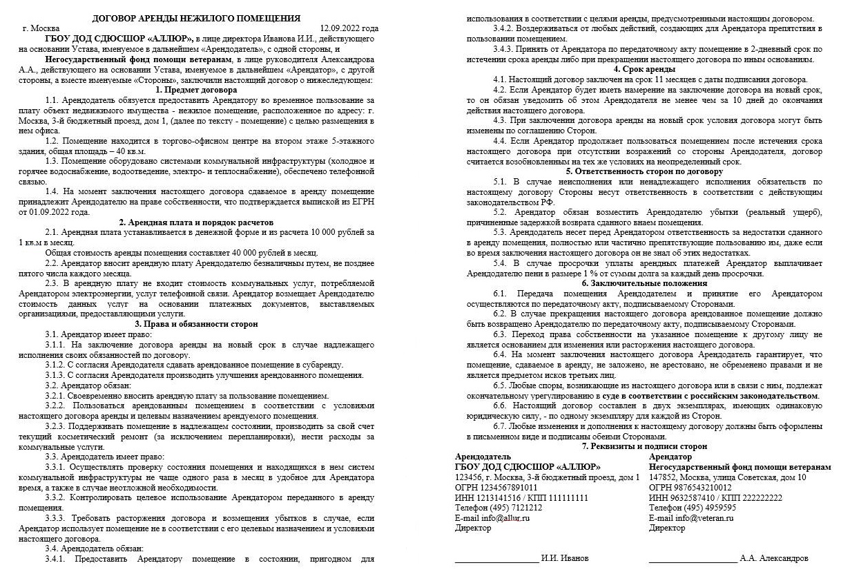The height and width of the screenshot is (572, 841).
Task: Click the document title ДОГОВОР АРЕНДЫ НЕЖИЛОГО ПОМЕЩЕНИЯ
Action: coord(196,17)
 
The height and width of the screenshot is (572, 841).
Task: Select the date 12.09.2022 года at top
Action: coord(349,28)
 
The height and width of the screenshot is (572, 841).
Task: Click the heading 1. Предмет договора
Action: coord(196,90)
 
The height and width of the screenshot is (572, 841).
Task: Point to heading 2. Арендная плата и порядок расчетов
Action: coord(196,222)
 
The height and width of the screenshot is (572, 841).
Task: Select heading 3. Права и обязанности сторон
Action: coord(196,323)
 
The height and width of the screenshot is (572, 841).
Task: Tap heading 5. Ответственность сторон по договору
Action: coord(644,171)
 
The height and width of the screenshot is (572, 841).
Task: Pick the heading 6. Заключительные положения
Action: coord(644,283)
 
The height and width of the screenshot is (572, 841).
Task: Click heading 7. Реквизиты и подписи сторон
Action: coord(644,446)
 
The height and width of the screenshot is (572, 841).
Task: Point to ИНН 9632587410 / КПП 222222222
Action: coord(715,497)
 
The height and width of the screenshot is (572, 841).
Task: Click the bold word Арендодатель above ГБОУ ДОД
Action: coord(483,457)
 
